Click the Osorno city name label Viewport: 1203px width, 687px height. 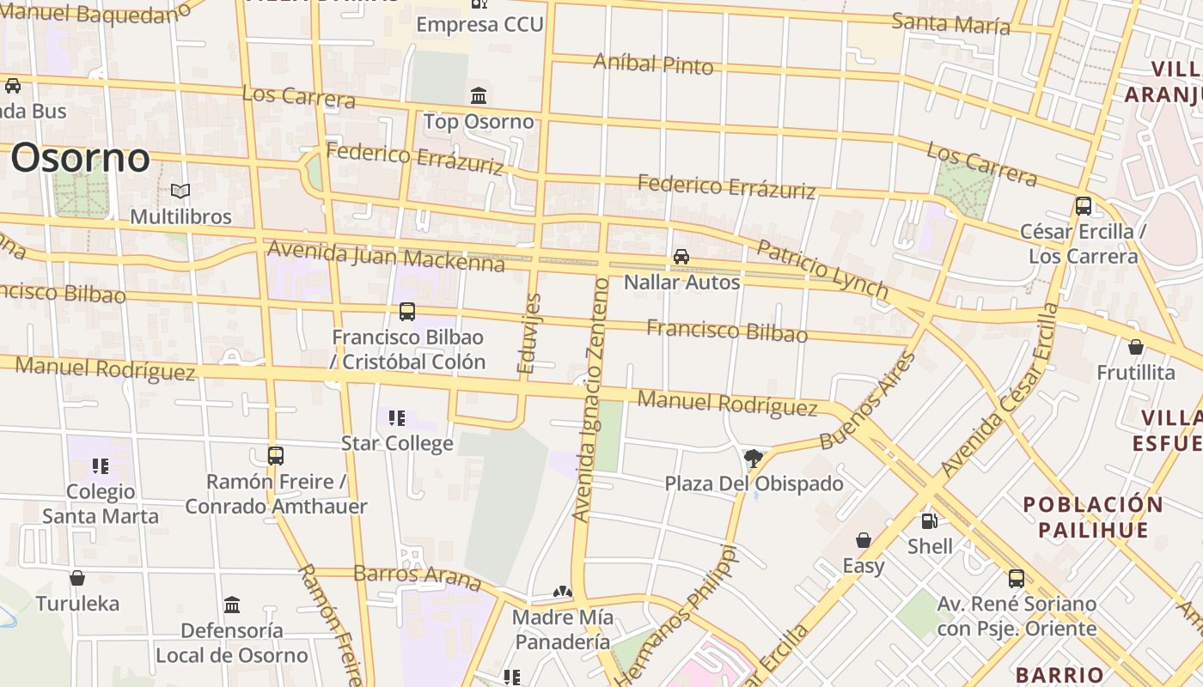point(80,158)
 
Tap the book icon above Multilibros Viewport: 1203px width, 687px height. point(180,191)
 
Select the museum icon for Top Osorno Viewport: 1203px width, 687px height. point(479,95)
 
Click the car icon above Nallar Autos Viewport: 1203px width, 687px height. point(681,256)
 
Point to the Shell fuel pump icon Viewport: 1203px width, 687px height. point(929,520)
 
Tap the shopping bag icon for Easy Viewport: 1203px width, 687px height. point(864,540)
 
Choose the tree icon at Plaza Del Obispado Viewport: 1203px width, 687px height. point(754,458)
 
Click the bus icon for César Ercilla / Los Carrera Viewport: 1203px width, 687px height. point(1084,206)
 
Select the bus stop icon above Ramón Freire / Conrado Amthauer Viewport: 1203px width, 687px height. point(276,455)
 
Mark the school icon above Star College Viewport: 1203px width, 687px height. point(397,418)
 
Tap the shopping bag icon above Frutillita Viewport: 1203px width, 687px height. point(1136,347)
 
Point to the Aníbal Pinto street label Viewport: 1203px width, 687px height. point(653,64)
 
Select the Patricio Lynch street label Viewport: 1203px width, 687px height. point(821,270)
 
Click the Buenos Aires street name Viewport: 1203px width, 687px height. point(867,401)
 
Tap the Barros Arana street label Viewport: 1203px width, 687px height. point(417,576)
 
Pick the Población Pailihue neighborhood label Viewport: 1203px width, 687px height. point(1093,517)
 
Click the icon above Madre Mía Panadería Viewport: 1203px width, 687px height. point(562,592)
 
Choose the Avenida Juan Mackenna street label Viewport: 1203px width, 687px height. point(386,255)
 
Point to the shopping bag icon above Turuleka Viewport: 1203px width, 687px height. point(77,578)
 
